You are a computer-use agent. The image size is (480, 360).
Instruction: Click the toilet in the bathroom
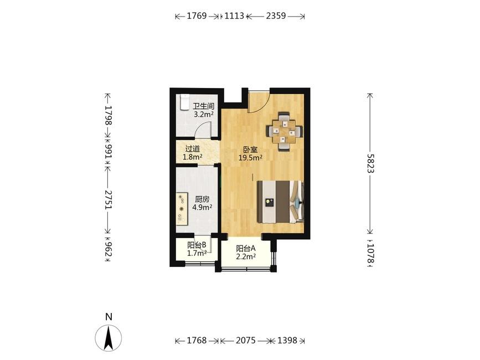click(184, 102)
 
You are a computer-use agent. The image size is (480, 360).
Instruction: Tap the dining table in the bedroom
click(285, 132)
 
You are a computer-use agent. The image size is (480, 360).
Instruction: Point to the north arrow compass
click(109, 338)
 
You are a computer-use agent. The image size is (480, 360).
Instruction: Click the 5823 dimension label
click(370, 163)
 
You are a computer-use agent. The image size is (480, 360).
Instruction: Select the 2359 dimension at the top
click(276, 16)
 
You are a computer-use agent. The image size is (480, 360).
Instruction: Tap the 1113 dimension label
click(234, 16)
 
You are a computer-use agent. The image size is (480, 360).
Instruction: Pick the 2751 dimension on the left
click(108, 200)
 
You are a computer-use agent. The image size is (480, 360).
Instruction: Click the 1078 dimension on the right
click(370, 253)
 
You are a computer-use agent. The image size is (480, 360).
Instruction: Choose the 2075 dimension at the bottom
click(245, 341)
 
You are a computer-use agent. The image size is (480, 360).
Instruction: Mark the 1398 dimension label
click(287, 341)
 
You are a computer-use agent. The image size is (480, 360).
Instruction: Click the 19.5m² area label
click(250, 158)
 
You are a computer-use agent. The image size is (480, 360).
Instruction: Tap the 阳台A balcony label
click(245, 248)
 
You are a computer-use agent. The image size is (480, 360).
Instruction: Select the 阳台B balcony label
click(197, 245)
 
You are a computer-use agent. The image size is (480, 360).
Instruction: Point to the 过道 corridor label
click(193, 149)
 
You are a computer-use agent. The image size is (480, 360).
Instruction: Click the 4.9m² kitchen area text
click(202, 207)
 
